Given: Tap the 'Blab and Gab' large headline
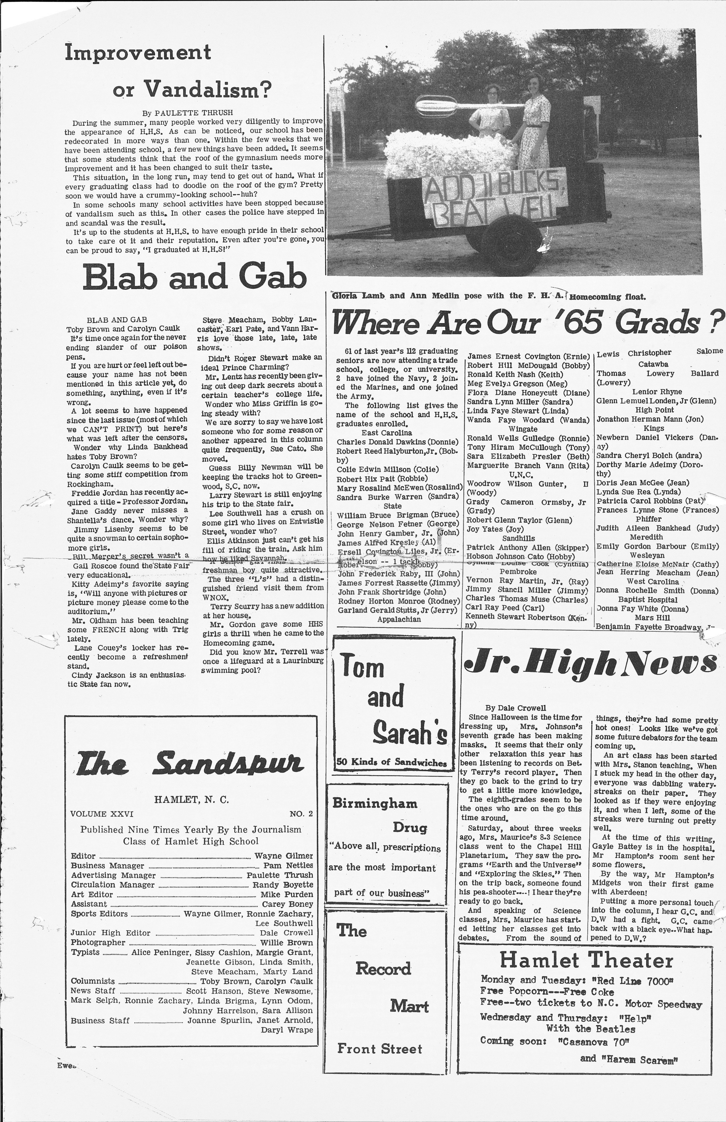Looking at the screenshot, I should (x=194, y=277).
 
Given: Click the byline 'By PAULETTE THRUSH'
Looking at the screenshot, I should (x=187, y=113).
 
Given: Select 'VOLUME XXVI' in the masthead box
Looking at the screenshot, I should (x=102, y=814).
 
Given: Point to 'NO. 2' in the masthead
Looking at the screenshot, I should (x=301, y=814).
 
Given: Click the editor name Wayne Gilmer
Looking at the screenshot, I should (x=283, y=856).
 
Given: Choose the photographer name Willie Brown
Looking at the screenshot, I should (x=287, y=942).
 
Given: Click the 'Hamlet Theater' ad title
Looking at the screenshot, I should (x=586, y=960).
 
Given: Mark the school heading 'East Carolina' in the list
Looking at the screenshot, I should (x=386, y=432).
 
